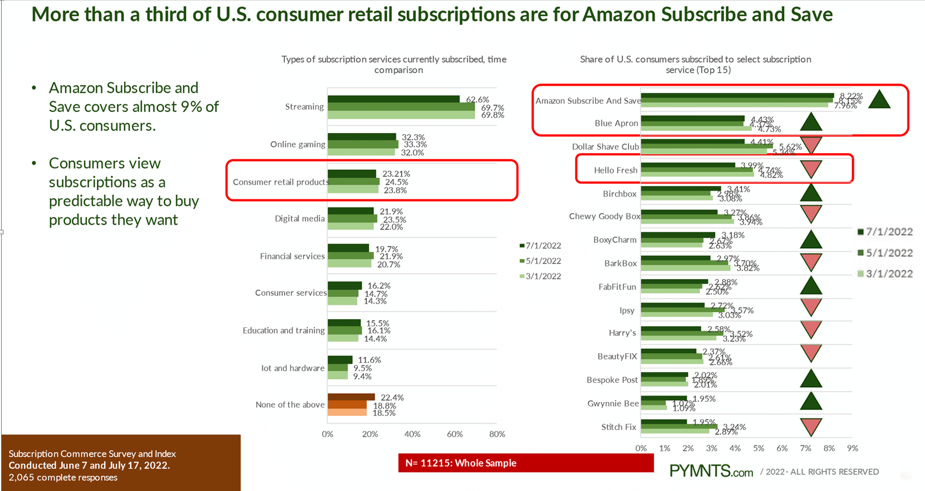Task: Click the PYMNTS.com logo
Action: [x=711, y=471]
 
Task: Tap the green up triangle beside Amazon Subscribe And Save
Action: [x=879, y=100]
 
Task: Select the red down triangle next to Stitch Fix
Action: [x=811, y=426]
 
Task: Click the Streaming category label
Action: [x=304, y=107]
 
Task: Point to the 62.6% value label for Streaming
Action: [x=477, y=99]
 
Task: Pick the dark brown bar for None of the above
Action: [x=351, y=397]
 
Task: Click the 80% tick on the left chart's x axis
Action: [x=497, y=434]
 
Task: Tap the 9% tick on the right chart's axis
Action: [x=852, y=448]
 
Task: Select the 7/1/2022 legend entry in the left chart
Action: [x=540, y=245]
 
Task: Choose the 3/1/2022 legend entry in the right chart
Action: [x=885, y=274]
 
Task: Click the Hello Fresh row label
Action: [x=615, y=170]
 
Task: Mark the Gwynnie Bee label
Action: [x=613, y=404]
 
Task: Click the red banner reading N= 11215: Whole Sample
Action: [x=525, y=463]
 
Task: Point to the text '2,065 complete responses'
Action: [x=63, y=477]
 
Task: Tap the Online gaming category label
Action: [x=298, y=144]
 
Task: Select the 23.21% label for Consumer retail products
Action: [x=396, y=174]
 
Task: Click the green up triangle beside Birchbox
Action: [x=811, y=193]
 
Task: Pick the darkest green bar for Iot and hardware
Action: [x=340, y=360]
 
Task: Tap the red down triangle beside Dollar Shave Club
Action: [x=811, y=146]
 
